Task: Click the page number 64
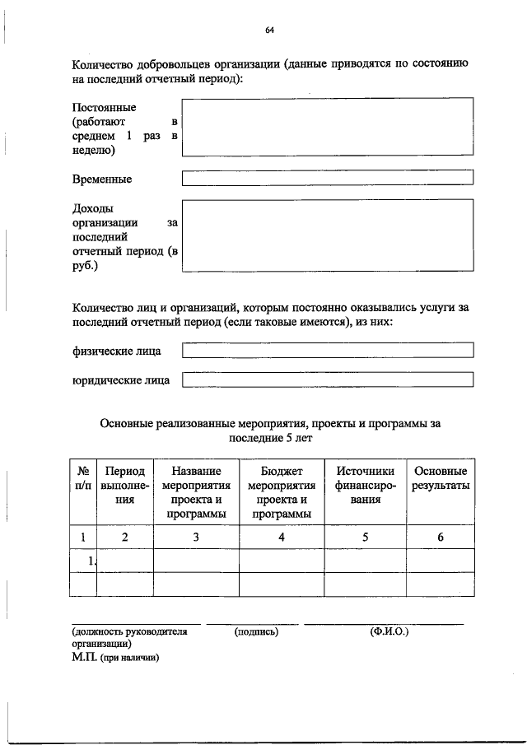pyautogui.click(x=269, y=30)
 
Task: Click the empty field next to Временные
pyautogui.click(x=327, y=178)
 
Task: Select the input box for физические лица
pyautogui.click(x=327, y=351)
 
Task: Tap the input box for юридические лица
pyautogui.click(x=327, y=379)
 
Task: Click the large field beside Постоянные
pyautogui.click(x=327, y=127)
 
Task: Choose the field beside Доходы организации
pyautogui.click(x=327, y=235)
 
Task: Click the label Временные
pyautogui.click(x=101, y=179)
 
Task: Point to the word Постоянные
pyautogui.click(x=104, y=108)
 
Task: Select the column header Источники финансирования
pyautogui.click(x=365, y=485)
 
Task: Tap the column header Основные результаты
pyautogui.click(x=441, y=478)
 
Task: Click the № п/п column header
pyautogui.click(x=83, y=478)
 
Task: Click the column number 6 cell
pyautogui.click(x=441, y=537)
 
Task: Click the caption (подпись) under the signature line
pyautogui.click(x=256, y=632)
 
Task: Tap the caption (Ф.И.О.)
pyautogui.click(x=389, y=632)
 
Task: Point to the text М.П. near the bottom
pyautogui.click(x=85, y=657)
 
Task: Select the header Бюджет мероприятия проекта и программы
pyautogui.click(x=282, y=492)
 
